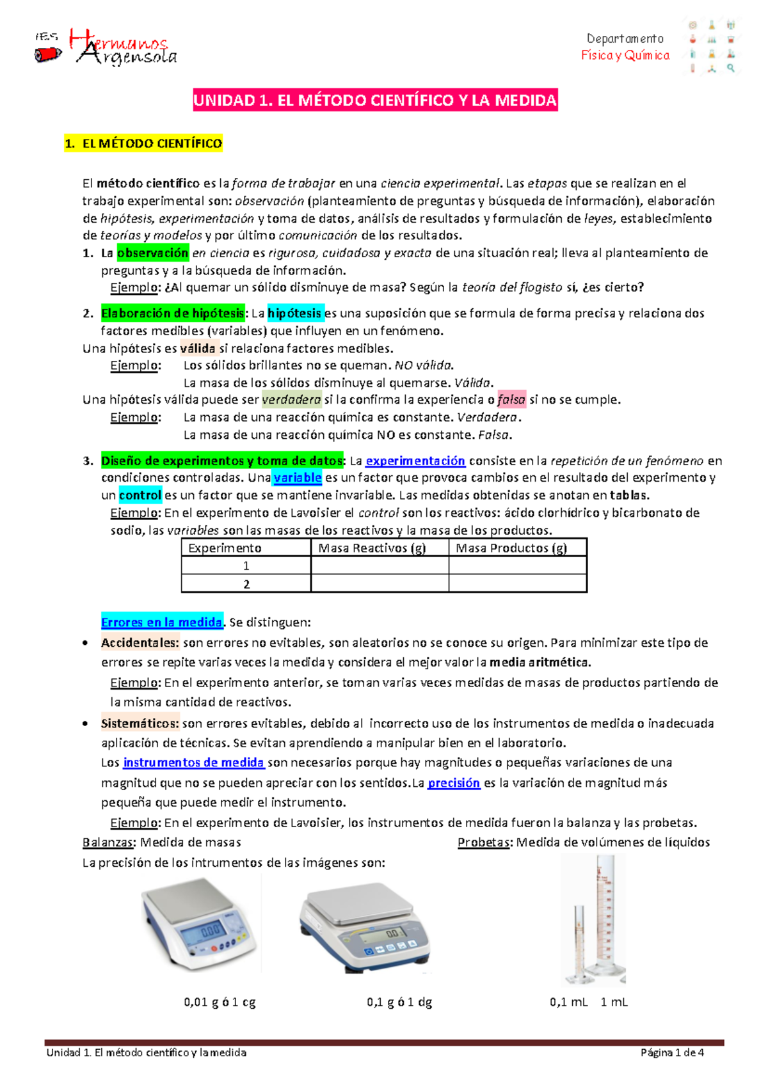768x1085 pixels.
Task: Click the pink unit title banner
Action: click(x=375, y=100)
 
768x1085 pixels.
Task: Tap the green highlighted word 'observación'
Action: click(x=152, y=253)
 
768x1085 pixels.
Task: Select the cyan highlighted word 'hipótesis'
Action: click(x=295, y=313)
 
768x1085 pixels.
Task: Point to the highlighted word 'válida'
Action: click(x=198, y=349)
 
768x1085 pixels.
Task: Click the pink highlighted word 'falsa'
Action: click(x=511, y=400)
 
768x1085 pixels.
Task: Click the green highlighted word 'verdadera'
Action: click(x=291, y=400)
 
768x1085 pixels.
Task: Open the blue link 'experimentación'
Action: click(x=415, y=461)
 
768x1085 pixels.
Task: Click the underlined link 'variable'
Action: click(x=297, y=477)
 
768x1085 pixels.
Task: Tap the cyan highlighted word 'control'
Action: click(x=140, y=495)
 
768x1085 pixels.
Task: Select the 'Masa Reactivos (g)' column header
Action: click(x=372, y=548)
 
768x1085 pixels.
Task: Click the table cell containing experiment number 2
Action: click(x=246, y=584)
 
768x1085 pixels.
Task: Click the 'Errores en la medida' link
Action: click(x=161, y=622)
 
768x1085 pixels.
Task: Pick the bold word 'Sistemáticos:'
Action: click(x=140, y=724)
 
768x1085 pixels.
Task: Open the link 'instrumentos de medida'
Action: click(x=193, y=763)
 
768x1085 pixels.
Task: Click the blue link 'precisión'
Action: click(x=454, y=783)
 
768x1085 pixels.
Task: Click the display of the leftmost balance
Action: click(x=211, y=931)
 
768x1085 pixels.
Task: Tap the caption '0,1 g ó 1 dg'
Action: click(x=399, y=1002)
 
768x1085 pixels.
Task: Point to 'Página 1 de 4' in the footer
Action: click(x=672, y=1052)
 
